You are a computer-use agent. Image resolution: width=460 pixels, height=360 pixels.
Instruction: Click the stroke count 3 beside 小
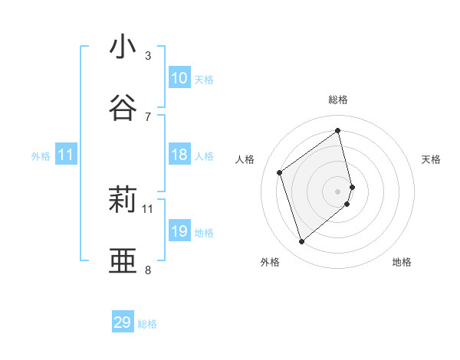[148, 56]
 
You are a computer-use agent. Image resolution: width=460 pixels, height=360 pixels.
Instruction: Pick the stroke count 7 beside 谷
[148, 116]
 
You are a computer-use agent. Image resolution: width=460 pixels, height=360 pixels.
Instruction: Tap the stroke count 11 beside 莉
[148, 208]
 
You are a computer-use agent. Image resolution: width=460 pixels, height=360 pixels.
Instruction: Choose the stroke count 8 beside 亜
[148, 270]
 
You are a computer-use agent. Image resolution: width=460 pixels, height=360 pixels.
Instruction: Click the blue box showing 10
[179, 78]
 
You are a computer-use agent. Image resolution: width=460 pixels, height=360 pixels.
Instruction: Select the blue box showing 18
[179, 155]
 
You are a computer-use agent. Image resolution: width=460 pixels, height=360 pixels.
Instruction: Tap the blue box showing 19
[179, 231]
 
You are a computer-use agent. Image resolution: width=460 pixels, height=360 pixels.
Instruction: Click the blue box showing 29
[123, 322]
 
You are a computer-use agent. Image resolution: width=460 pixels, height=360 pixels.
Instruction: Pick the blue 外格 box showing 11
[65, 155]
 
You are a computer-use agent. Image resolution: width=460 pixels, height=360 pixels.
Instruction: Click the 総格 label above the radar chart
[338, 100]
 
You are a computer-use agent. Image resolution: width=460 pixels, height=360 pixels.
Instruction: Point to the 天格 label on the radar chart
[431, 159]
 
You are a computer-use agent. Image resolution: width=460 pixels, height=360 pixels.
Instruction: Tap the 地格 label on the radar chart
[402, 262]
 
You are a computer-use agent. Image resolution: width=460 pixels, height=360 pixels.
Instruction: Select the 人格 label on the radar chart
[245, 159]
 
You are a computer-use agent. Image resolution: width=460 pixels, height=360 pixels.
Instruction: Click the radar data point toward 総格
[338, 130]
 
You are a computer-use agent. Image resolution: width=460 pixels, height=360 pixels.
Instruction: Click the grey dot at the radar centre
[338, 191]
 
